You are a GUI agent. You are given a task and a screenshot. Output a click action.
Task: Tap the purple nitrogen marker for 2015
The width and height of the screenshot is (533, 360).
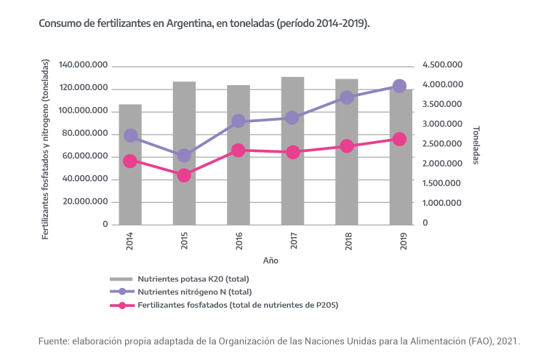[184, 155]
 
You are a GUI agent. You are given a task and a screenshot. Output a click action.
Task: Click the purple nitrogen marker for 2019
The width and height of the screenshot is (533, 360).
[399, 86]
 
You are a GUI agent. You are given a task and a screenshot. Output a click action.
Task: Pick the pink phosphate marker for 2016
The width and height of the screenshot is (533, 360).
[238, 151]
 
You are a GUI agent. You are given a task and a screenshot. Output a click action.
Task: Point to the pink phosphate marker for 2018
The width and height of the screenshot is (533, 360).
[346, 146]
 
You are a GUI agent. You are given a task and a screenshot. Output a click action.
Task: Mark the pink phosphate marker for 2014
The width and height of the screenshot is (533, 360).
[130, 161]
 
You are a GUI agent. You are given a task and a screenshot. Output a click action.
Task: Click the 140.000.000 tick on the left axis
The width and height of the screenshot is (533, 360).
[83, 65]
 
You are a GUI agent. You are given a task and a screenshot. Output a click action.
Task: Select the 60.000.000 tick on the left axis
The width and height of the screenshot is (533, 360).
[85, 156]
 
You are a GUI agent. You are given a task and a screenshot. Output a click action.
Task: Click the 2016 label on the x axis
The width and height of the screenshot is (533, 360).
[238, 241]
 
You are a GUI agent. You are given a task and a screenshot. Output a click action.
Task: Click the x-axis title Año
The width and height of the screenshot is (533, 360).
[270, 260]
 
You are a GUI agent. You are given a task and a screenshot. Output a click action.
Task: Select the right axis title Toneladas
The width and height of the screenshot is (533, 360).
[476, 144]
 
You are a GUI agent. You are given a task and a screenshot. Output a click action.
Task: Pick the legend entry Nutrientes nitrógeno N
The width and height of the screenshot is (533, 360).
[195, 292]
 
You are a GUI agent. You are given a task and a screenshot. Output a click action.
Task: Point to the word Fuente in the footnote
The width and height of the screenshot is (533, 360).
[53, 340]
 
